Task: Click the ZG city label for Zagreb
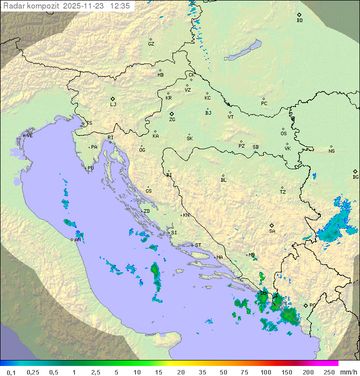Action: point(172,120)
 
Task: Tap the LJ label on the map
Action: point(113,105)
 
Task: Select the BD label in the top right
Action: point(299,21)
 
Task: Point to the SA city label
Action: point(272,231)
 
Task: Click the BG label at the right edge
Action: point(355,177)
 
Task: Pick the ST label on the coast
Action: point(198,245)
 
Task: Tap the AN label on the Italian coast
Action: point(77,240)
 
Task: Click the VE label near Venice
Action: point(29,136)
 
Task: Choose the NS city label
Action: point(331,151)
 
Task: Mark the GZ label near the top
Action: point(151,44)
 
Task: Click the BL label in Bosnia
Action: point(223,180)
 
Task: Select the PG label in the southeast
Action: point(312,305)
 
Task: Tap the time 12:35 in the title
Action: point(120,6)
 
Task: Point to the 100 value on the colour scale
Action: point(265,372)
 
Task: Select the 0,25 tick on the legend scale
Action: point(33,372)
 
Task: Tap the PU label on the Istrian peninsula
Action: point(90,168)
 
